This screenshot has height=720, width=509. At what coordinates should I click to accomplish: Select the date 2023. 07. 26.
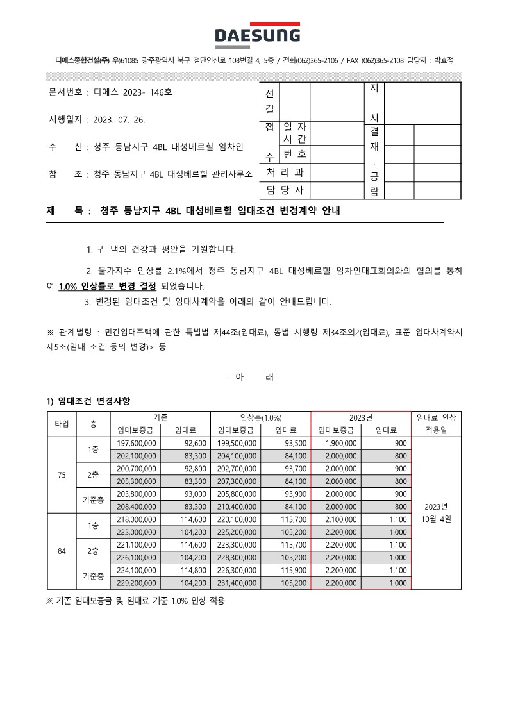click(119, 120)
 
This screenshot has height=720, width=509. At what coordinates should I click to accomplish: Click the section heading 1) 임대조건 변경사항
click(88, 401)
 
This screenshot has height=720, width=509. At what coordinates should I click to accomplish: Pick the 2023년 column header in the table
click(360, 417)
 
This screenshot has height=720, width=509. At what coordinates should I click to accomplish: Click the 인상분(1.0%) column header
click(260, 417)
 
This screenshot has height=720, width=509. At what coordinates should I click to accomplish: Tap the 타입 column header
click(62, 424)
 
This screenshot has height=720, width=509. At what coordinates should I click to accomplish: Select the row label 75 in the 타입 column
click(62, 475)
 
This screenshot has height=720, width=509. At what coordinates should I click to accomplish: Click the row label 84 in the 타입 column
click(62, 551)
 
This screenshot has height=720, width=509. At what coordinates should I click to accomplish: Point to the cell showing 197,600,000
click(137, 443)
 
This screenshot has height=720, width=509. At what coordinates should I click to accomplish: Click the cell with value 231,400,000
click(237, 583)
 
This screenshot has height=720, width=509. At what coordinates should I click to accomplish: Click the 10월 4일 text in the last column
click(436, 519)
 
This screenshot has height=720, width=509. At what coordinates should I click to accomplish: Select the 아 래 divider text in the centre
click(254, 377)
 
